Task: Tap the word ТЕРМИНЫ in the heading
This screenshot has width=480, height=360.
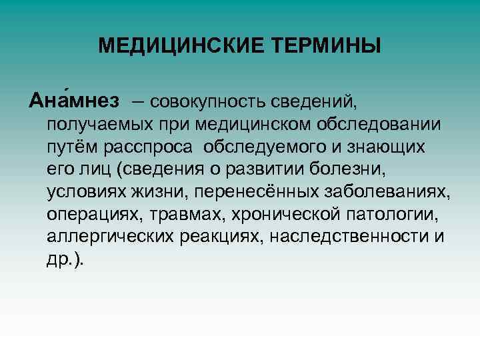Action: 327,46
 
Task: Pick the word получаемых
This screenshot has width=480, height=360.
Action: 93,124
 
